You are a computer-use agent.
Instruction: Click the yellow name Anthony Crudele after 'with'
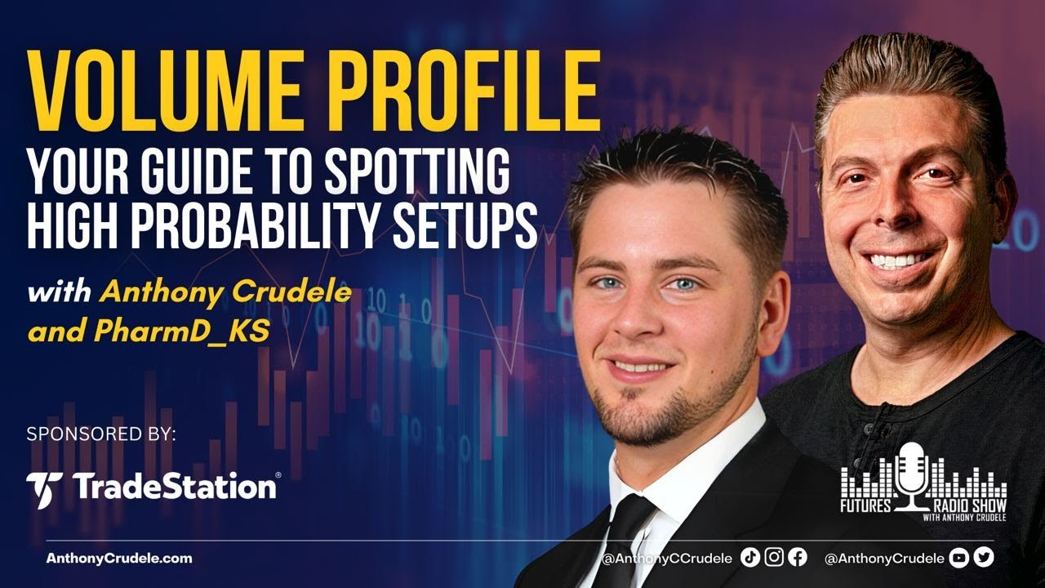[x=225, y=292]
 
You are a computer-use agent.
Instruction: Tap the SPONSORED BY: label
[x=101, y=434]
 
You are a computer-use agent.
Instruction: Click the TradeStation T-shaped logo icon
[x=43, y=488]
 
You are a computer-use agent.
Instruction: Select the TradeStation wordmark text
[x=175, y=488]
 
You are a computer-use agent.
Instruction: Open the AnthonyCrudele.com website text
[x=119, y=559]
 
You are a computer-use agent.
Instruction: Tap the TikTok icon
[x=750, y=558]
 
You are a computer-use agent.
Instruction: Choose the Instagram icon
[x=774, y=558]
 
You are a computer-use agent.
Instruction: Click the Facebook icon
[x=798, y=558]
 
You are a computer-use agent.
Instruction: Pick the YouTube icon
[x=959, y=558]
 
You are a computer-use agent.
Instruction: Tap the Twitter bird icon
[x=984, y=558]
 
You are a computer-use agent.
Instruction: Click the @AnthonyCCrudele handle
[x=667, y=559]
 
